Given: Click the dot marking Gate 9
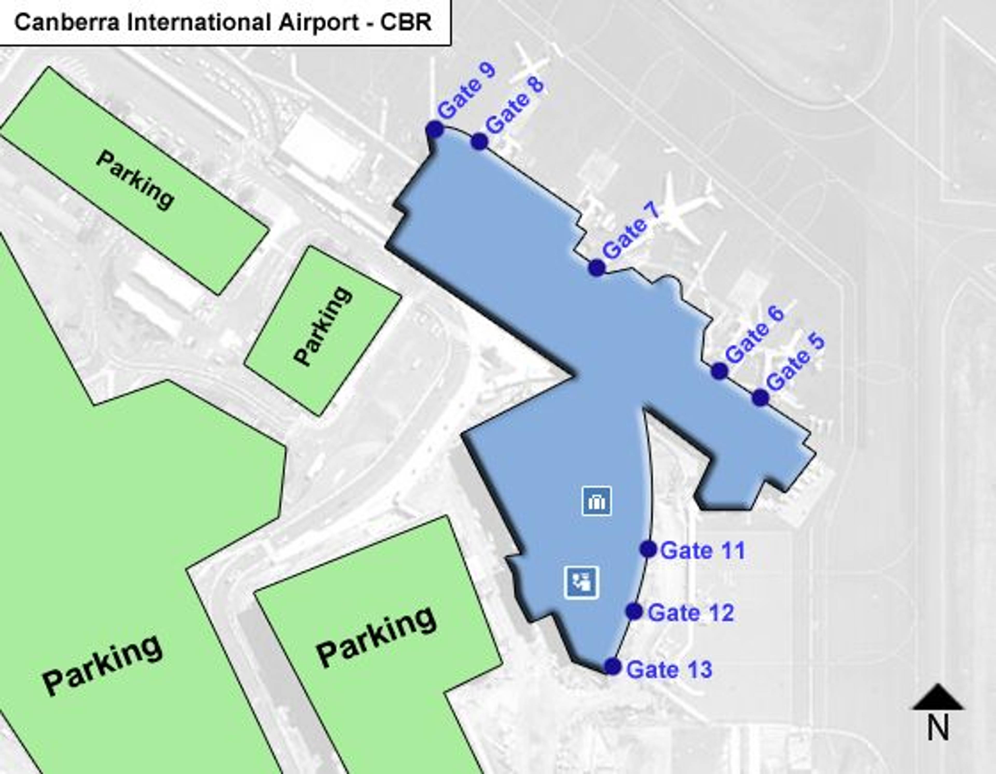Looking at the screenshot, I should (435, 129).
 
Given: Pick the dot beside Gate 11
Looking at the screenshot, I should (648, 549).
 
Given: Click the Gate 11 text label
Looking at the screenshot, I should (703, 551).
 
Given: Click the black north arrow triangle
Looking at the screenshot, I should (938, 698).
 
